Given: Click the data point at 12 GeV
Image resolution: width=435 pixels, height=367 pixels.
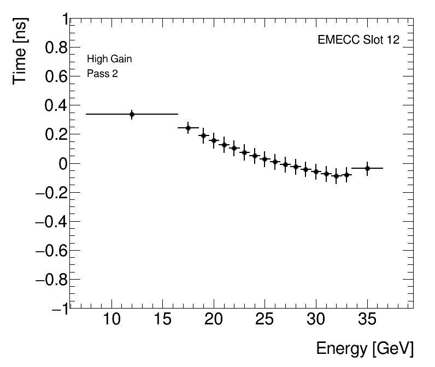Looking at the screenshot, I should click(x=132, y=114).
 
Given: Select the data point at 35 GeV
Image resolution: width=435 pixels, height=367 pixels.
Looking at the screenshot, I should click(x=367, y=168).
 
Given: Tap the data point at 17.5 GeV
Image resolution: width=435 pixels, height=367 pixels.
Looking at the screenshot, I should click(x=188, y=128).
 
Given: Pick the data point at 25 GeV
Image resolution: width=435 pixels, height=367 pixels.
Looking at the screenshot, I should click(x=265, y=159).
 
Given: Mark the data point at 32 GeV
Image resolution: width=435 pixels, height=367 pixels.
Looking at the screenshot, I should click(x=337, y=176).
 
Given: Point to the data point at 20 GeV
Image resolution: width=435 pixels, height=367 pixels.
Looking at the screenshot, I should click(x=214, y=140).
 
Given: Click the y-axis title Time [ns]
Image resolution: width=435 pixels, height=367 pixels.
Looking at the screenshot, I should click(x=21, y=50).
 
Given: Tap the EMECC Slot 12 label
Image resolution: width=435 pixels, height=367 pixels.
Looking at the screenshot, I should click(x=358, y=40).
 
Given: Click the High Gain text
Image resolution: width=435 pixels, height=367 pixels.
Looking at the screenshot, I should click(x=109, y=59).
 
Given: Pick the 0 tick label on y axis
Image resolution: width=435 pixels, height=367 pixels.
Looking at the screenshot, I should click(x=63, y=164).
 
